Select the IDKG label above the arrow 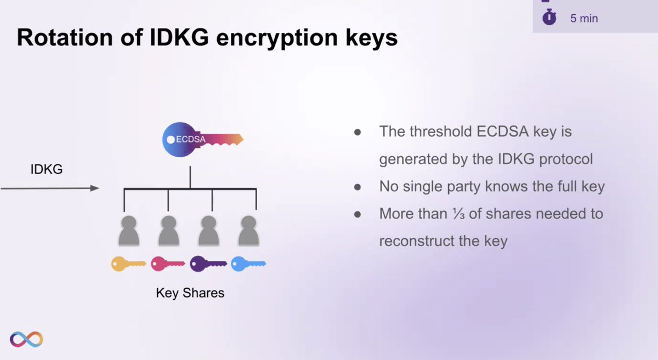click(46, 170)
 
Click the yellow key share click(128, 265)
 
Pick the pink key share click(167, 265)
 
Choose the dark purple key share click(208, 265)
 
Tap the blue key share click(248, 265)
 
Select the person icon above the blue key click(248, 230)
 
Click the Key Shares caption click(190, 293)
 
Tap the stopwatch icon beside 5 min click(549, 18)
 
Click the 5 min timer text click(583, 19)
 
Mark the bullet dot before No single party click(358, 187)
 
